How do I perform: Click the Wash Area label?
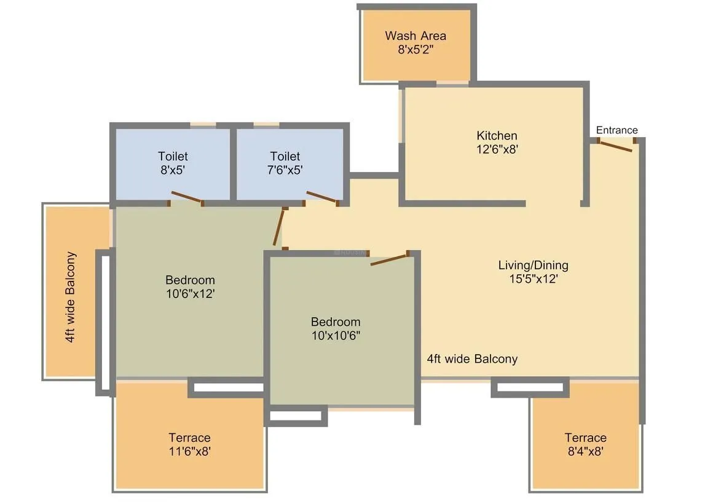pyautogui.click(x=416, y=36)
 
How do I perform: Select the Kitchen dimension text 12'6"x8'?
pyautogui.click(x=497, y=149)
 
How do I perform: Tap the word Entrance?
pyautogui.click(x=616, y=130)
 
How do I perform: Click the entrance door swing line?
pyautogui.click(x=616, y=146)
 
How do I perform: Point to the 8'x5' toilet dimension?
pyautogui.click(x=173, y=170)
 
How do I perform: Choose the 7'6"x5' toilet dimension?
pyautogui.click(x=285, y=170)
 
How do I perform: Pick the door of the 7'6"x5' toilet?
pyautogui.click(x=321, y=197)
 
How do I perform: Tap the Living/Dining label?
pyautogui.click(x=533, y=265)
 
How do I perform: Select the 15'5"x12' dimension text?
pyautogui.click(x=533, y=278)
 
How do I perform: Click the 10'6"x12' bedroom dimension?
pyautogui.click(x=190, y=294)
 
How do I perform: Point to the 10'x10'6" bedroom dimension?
pyautogui.click(x=335, y=336)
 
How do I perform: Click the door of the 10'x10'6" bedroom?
pyautogui.click(x=389, y=259)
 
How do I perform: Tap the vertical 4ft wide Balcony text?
pyautogui.click(x=71, y=297)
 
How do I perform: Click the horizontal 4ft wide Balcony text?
pyautogui.click(x=472, y=359)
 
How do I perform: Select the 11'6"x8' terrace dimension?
pyautogui.click(x=189, y=452)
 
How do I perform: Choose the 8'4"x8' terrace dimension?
pyautogui.click(x=585, y=452)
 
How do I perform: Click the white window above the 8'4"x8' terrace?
pyautogui.click(x=530, y=387)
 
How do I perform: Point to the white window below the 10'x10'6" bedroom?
pyautogui.click(x=296, y=416)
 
